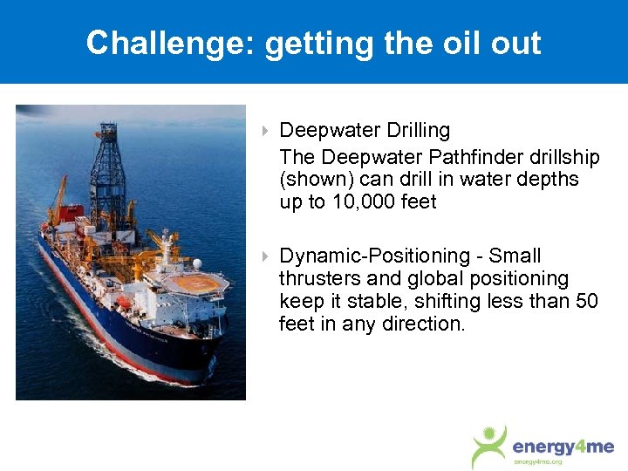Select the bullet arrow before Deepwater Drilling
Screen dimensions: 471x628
pos(265,132)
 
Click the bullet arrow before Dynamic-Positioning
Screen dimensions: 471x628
pos(265,257)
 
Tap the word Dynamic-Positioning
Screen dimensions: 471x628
pos(374,256)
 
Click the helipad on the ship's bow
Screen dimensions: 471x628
pos(198,283)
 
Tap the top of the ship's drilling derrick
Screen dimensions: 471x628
pos(108,131)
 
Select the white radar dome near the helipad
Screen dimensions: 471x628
pos(197,263)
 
